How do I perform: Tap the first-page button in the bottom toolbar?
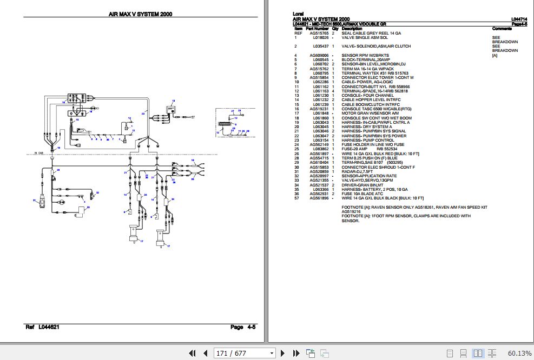192,353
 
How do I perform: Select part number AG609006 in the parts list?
319,55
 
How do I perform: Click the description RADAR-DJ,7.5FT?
358,171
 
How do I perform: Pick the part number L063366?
320,190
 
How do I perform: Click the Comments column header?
502,29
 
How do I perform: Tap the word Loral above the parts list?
298,14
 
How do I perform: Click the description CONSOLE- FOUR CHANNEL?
367,96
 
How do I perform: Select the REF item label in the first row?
298,33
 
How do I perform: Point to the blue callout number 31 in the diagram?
34,201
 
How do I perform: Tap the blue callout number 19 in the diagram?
63,102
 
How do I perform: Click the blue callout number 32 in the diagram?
98,192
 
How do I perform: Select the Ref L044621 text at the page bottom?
42,327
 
